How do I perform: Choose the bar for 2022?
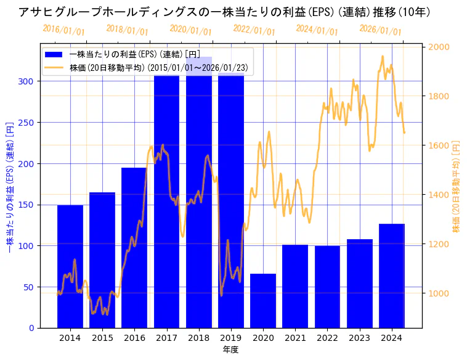327,287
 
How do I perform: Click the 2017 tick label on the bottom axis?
166,338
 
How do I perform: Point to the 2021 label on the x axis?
295,338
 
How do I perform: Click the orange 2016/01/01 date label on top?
64,30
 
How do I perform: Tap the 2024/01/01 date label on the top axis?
317,30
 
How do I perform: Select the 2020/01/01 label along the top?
190,30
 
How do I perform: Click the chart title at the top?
224,12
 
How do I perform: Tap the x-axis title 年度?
230,350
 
